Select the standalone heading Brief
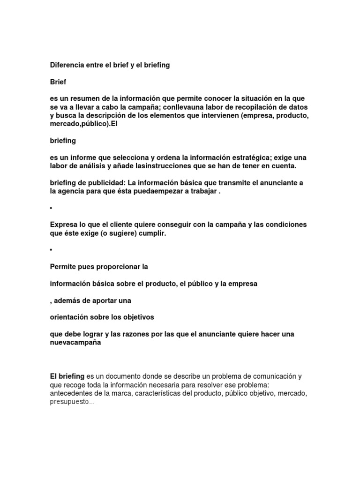[x=58, y=82]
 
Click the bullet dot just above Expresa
[x=51, y=208]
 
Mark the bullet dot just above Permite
[x=51, y=250]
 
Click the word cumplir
[x=151, y=233]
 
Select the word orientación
[x=70, y=317]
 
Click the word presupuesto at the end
[x=70, y=402]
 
